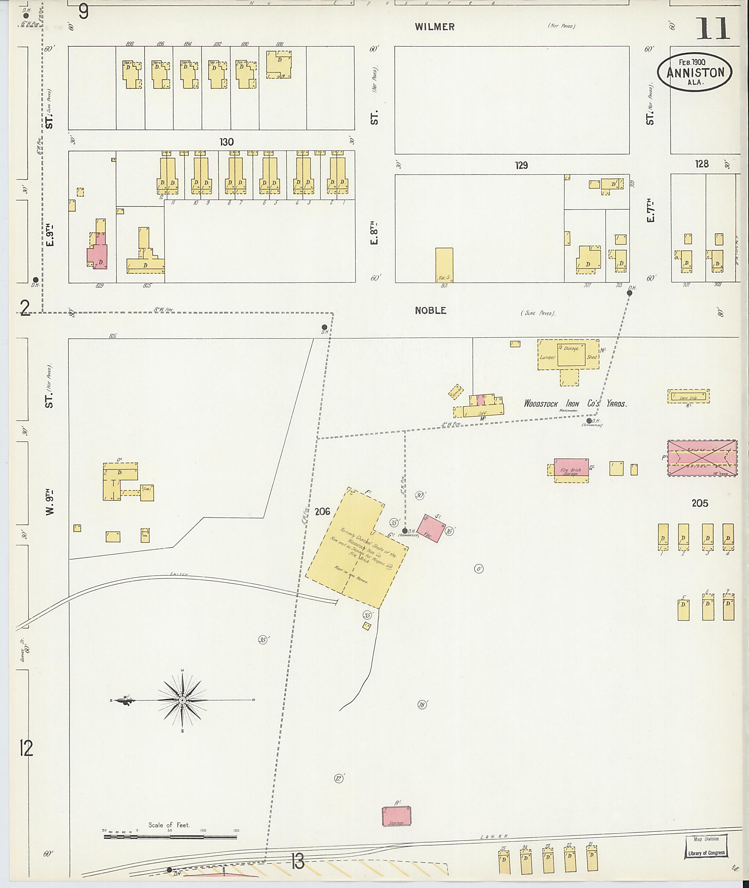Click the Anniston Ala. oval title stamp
pyautogui.click(x=694, y=72)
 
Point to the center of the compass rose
pyautogui.click(x=182, y=699)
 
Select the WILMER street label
pyautogui.click(x=435, y=27)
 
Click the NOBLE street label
pyautogui.click(x=430, y=310)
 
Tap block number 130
pyautogui.click(x=226, y=142)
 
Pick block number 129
pyautogui.click(x=521, y=165)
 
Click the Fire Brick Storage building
pyautogui.click(x=571, y=470)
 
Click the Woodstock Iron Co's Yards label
pyautogui.click(x=575, y=403)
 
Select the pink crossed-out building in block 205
pyautogui.click(x=702, y=458)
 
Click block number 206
pyautogui.click(x=322, y=511)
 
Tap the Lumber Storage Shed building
pyautogui.click(x=568, y=355)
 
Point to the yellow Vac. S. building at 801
pyautogui.click(x=444, y=265)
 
